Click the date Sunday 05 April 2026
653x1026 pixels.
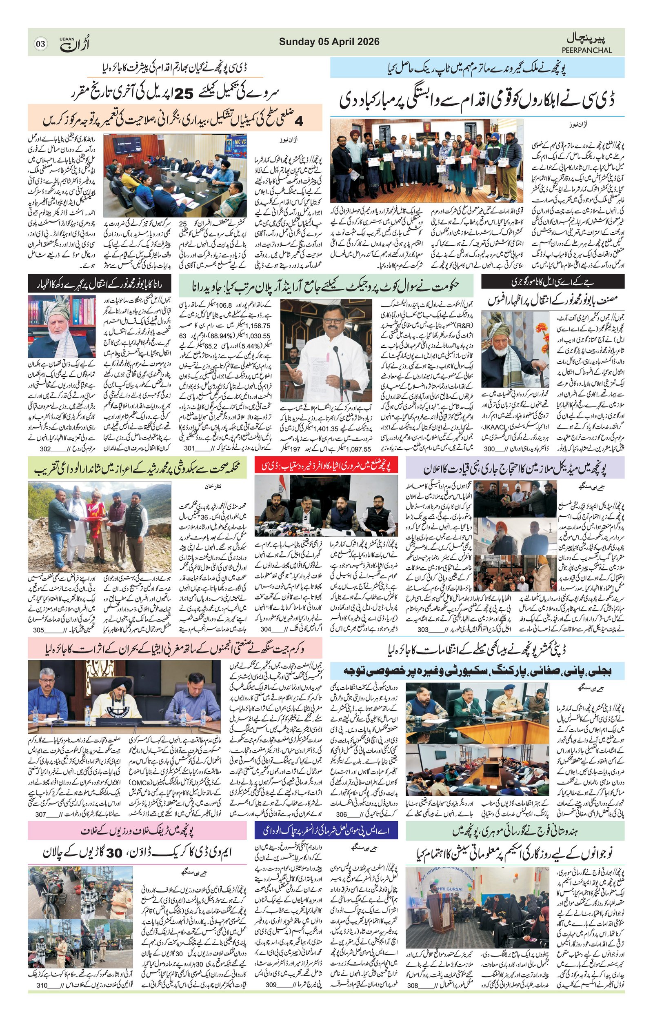329,42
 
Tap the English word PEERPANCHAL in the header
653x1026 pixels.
586,50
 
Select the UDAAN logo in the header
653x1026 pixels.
75,44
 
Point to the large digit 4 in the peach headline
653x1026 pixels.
299,122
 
